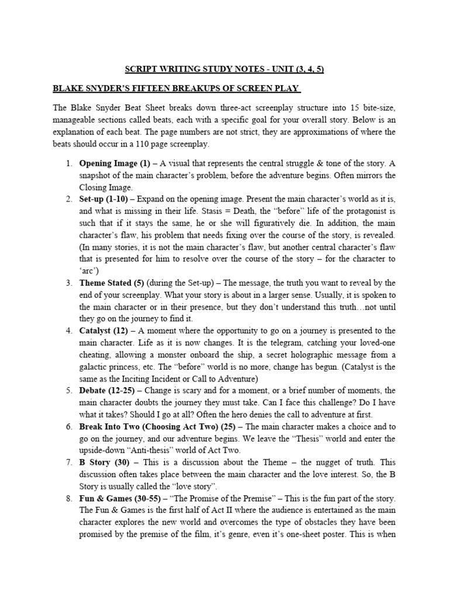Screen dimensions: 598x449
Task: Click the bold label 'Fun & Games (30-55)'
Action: pos(117,499)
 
